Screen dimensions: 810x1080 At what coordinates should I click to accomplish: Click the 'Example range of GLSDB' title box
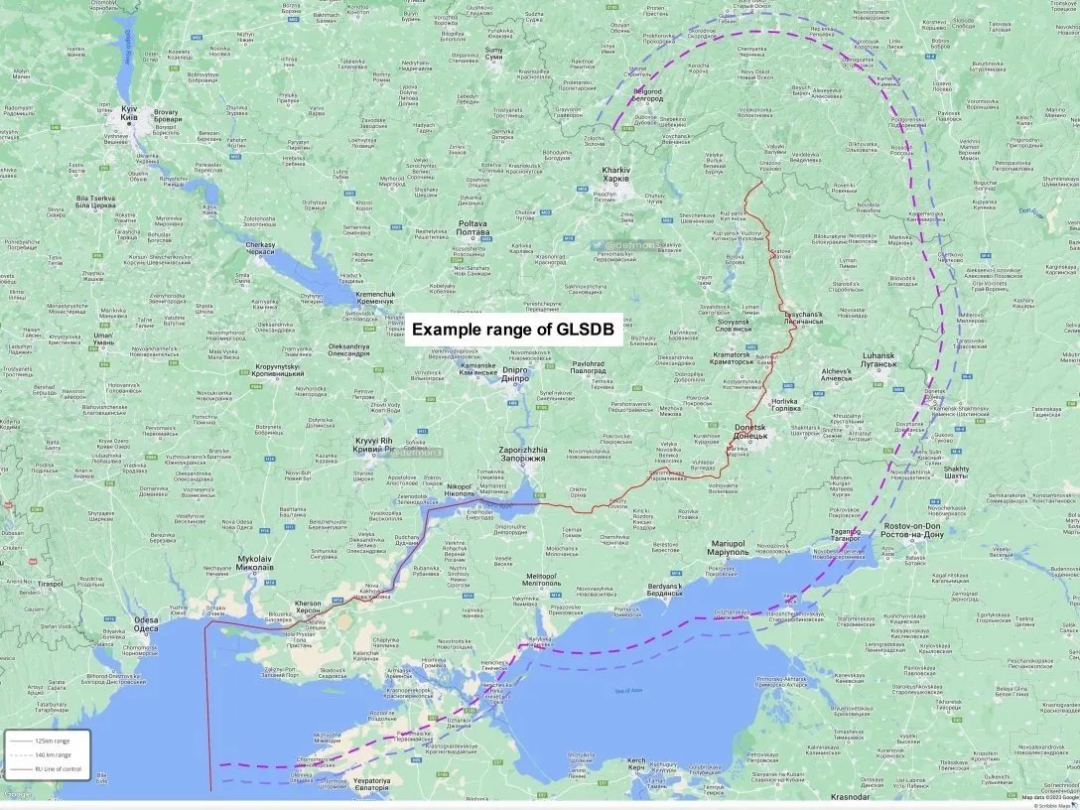tap(512, 329)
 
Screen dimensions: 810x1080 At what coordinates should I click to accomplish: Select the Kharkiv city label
tap(615, 175)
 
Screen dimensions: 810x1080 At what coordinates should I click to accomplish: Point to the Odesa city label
tap(146, 624)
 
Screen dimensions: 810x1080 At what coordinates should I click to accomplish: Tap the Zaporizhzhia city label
tap(522, 455)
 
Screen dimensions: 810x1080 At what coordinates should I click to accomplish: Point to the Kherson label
tap(308, 607)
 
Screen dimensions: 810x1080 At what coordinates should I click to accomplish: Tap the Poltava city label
tap(472, 228)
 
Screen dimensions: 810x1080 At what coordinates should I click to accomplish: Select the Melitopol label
tap(542, 579)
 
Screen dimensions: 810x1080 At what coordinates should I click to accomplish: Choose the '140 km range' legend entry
tap(51, 755)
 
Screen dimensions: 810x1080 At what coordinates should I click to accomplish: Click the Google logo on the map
tap(18, 793)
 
